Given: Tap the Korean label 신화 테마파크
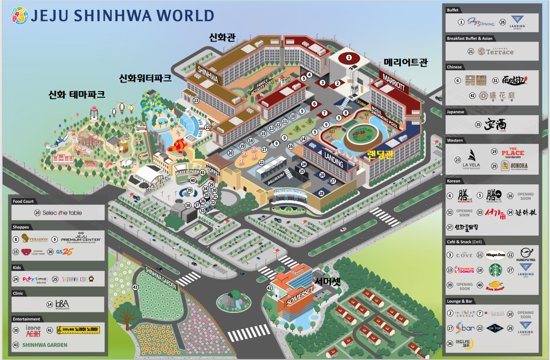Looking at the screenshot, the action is click(x=77, y=94).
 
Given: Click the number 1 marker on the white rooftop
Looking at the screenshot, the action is click(x=349, y=57).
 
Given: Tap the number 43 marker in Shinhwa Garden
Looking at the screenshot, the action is click(x=135, y=287).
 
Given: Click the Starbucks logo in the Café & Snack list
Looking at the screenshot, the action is click(x=496, y=270).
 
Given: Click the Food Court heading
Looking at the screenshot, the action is click(x=25, y=201).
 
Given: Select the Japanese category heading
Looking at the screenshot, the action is click(x=456, y=111).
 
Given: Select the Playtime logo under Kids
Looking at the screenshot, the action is click(x=35, y=279).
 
